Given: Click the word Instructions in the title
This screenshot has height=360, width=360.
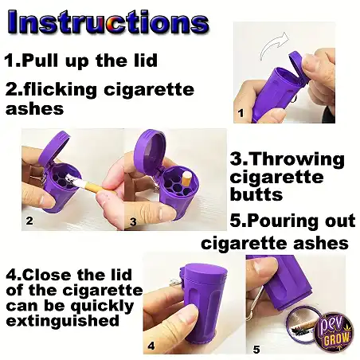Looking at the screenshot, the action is [108, 22].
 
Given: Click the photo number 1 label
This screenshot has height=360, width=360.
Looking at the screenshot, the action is [241, 113].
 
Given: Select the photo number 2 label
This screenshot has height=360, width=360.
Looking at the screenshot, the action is [29, 221].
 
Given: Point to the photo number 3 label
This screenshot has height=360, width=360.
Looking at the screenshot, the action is [133, 221].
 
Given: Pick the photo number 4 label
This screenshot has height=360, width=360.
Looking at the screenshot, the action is [151, 346].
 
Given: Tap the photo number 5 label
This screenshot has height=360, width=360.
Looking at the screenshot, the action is [256, 350].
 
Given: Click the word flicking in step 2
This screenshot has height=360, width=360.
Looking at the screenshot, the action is [61, 89].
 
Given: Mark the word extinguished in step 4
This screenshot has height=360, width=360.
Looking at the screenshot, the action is [63, 321].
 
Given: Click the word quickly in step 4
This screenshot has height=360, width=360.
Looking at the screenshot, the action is [102, 307].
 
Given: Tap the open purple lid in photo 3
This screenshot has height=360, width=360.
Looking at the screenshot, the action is [149, 151].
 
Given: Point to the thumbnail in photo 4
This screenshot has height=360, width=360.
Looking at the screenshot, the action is [188, 316].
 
